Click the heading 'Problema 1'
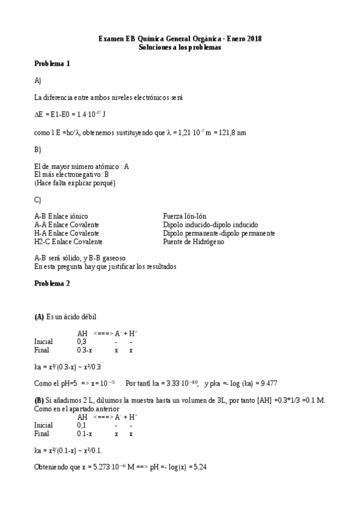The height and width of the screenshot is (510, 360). pos(52,63)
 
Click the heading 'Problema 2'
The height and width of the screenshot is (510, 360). pos(52,283)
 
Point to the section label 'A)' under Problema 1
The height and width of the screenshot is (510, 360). pos(38,80)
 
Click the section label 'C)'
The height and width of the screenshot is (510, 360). pos(38,200)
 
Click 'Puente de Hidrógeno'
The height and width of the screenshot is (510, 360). pos(193,242)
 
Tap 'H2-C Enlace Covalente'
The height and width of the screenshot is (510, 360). pos(68,242)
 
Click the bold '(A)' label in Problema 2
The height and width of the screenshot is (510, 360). pos(39,317)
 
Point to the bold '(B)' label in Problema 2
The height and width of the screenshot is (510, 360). pos(39,401)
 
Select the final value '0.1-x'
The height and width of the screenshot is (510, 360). pos(85,433)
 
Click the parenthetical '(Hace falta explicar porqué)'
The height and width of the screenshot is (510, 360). pos(75,183)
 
